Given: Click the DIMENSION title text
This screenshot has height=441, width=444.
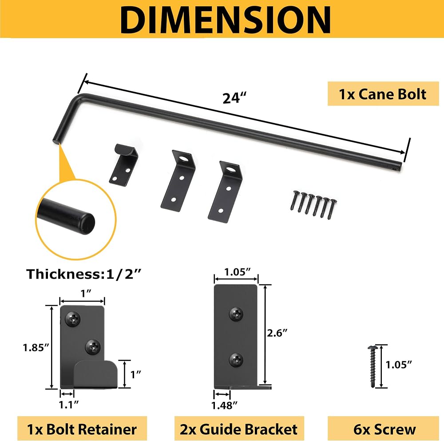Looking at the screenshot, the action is point(225,20).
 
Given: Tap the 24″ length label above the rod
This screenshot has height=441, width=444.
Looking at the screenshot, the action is point(234,98).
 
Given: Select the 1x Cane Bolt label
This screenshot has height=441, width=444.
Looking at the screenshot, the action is point(383,94).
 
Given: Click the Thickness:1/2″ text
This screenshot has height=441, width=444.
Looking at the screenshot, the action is point(84,274).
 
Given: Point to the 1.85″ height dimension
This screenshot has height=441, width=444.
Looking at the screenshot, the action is point(36,348).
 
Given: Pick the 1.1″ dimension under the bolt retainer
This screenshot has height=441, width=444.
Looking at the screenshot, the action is point(68,405).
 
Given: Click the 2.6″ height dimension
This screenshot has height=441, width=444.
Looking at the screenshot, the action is point(277,333).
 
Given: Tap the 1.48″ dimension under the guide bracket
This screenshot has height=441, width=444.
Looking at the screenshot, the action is point(224,405).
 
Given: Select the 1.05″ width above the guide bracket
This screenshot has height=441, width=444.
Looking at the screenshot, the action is point(237,272).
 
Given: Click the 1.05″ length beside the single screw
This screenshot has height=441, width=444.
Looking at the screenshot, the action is point(399,365).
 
